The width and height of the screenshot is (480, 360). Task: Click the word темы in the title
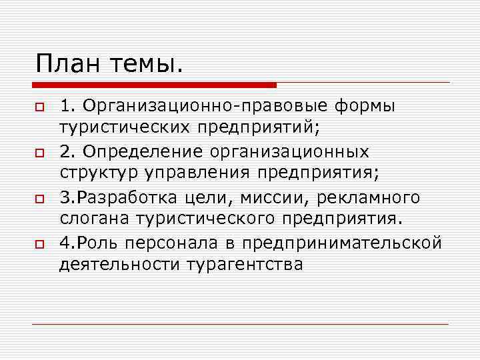[147, 65]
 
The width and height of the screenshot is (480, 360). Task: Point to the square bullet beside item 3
[40, 199]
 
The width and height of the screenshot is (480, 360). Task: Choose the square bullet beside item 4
[40, 245]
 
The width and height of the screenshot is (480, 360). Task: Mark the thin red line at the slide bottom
[240, 324]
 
